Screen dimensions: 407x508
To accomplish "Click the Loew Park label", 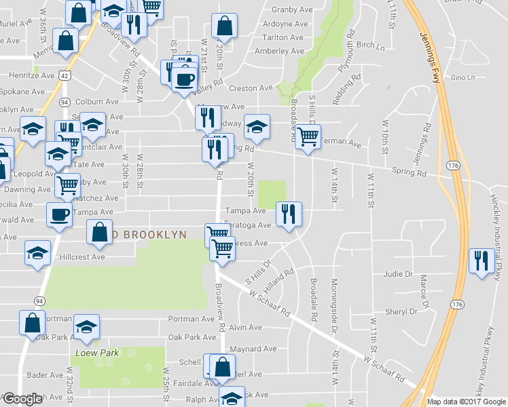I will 98,353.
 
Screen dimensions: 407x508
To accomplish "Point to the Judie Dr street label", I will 398,274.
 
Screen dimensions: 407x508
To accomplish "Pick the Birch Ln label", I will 370,45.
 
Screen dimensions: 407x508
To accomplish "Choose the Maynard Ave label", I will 253,349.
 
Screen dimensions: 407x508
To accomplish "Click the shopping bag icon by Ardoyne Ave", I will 224,27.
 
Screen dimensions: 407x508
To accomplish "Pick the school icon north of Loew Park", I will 86,327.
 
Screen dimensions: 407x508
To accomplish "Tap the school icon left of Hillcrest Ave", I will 37,254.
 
